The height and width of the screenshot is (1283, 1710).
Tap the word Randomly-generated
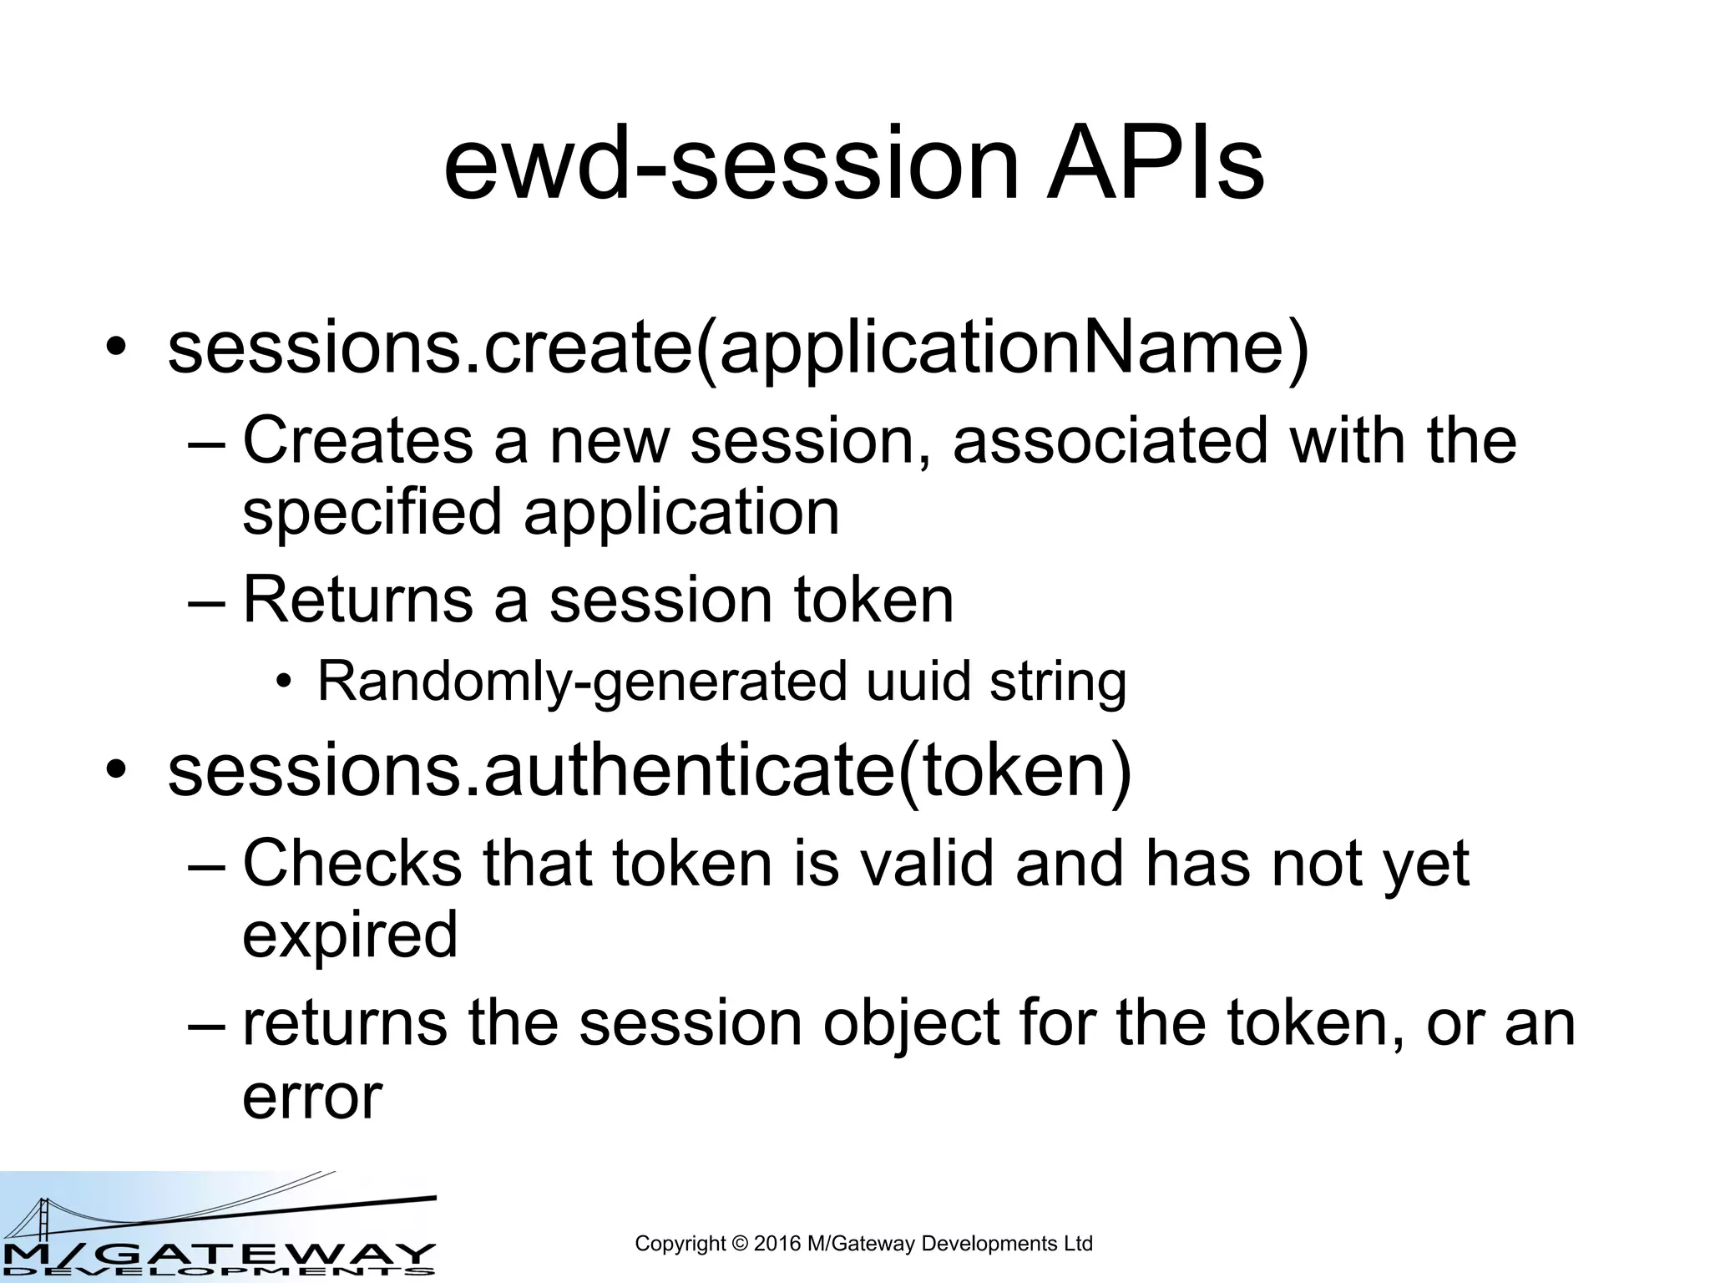582,681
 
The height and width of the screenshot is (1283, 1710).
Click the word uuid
918,681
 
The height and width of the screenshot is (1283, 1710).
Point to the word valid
928,863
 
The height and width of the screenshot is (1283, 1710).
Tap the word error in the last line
312,1096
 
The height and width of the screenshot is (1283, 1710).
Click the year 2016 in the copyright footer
777,1244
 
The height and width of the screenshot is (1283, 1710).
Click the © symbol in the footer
739,1244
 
